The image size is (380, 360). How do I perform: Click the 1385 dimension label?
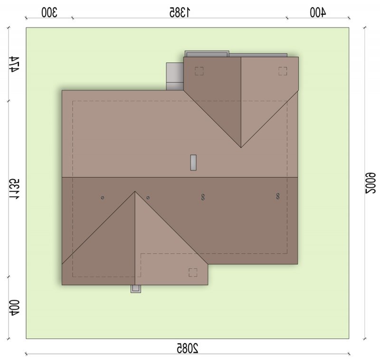(180, 13)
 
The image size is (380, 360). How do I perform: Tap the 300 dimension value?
(49, 13)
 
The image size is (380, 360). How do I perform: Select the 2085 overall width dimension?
(187, 348)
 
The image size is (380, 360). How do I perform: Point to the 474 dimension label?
(14, 64)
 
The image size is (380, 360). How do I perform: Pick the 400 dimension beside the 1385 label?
(318, 13)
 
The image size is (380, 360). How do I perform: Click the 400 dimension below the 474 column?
(14, 308)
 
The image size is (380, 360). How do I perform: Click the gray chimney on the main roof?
(193, 162)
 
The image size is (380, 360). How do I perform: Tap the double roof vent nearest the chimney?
(203, 197)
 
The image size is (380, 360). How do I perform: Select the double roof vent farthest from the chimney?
(278, 196)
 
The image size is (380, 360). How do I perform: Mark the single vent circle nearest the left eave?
(103, 198)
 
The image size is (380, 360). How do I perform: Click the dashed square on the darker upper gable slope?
(199, 71)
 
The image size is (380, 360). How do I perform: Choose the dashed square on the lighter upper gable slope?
(283, 71)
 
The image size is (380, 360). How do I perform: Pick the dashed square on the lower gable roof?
(193, 272)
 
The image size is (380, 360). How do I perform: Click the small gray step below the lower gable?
(136, 289)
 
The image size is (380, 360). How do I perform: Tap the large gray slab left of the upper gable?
(175, 76)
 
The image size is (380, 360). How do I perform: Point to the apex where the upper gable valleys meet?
(241, 148)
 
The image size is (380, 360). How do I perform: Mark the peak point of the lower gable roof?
(135, 191)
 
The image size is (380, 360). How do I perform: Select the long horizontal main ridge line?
(180, 177)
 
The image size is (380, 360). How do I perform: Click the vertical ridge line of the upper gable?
(241, 102)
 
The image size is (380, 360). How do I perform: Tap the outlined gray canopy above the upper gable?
(207, 54)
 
